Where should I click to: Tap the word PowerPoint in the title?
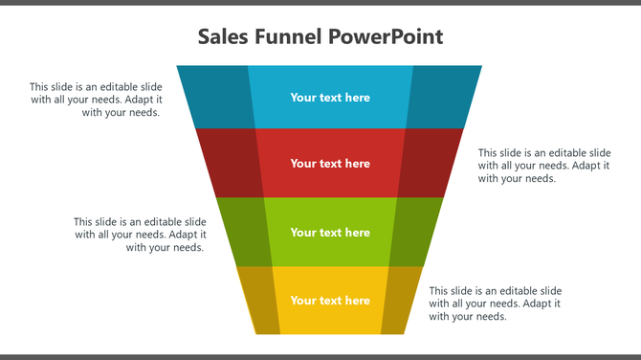click(x=386, y=38)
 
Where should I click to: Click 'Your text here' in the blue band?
click(x=330, y=97)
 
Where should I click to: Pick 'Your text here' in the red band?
click(x=330, y=163)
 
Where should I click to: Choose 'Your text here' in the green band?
click(x=330, y=232)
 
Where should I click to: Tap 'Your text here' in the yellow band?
click(x=330, y=300)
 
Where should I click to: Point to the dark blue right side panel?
click(x=443, y=96)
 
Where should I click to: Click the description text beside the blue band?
click(x=96, y=100)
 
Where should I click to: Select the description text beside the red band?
click(x=544, y=165)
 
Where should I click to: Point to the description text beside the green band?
click(x=140, y=235)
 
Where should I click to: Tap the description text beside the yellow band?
click(x=495, y=304)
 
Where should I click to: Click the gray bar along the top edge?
click(x=320, y=3)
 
